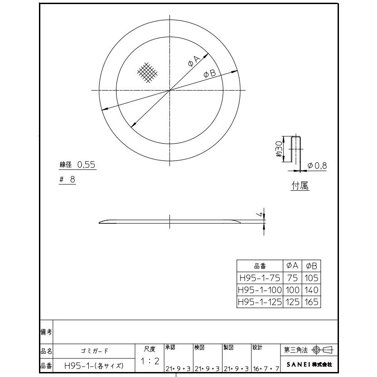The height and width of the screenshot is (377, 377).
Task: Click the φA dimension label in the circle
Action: tap(193, 62)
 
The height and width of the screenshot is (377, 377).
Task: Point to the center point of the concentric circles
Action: tap(169, 90)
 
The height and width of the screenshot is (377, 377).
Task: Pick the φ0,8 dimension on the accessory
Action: tap(317, 166)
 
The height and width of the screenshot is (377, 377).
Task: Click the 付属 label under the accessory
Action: tap(300, 186)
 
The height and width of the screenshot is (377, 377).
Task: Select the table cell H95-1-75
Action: tap(259, 278)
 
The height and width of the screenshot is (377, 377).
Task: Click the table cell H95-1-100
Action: tap(259, 290)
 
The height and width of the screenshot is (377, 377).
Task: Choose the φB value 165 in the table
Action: tap(312, 301)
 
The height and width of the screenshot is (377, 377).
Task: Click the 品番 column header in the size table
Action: tap(259, 266)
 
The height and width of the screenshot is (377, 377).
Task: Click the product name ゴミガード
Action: tap(95, 350)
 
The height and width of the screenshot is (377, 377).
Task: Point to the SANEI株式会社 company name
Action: tap(309, 364)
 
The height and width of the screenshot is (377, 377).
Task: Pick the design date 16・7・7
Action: tap(266, 370)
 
